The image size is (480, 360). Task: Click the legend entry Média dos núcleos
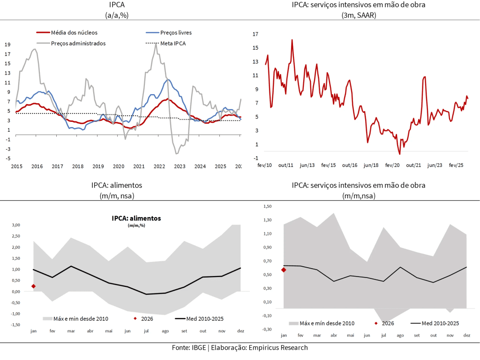(74, 33)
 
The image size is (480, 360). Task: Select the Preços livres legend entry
(176, 33)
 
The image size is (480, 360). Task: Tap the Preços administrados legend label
(78, 43)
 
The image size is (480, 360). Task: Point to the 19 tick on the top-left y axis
(7, 45)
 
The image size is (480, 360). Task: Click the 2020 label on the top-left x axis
(119, 166)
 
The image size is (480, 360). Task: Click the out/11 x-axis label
(285, 165)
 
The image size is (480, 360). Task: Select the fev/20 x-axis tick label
(392, 165)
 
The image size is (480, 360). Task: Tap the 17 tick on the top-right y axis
(256, 34)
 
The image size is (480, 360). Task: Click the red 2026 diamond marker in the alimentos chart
(33, 286)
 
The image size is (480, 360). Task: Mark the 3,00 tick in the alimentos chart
(15, 225)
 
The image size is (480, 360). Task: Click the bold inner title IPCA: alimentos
(136, 218)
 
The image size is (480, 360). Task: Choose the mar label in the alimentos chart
(71, 331)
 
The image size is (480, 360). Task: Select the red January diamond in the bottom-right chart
(284, 270)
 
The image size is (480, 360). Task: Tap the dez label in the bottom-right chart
(467, 335)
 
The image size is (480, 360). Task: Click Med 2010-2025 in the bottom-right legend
(440, 323)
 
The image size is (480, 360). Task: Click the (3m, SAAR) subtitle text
(359, 15)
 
